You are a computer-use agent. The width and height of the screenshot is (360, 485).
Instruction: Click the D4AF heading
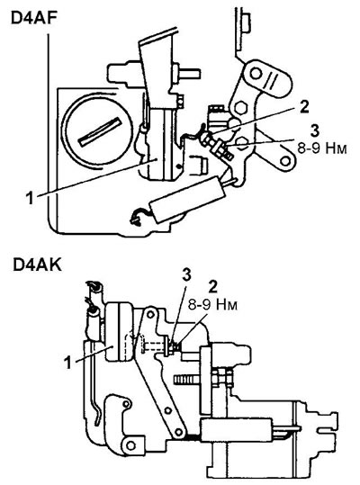point(34,18)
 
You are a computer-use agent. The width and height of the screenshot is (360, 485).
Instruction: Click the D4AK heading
point(37,265)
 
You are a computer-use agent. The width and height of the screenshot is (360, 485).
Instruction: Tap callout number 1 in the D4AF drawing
point(30,198)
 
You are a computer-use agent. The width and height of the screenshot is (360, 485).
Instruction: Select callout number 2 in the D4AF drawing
point(303,107)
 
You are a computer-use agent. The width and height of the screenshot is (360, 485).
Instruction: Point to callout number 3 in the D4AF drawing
point(314,130)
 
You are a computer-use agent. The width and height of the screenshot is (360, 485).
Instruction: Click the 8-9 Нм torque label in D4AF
point(322,148)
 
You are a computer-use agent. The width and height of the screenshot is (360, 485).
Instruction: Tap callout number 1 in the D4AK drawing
point(67,363)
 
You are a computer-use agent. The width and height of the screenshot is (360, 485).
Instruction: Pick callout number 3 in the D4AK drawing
point(186,275)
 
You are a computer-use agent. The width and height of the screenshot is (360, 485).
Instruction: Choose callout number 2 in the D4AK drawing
point(212,287)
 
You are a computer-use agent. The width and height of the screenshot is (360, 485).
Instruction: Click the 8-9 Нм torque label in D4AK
point(212,305)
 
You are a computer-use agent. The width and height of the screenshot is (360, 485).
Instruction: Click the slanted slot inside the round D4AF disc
point(100,130)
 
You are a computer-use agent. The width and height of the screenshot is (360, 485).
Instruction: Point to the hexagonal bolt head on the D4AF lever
point(240,107)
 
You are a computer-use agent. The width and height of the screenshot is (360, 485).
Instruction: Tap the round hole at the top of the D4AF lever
point(256,74)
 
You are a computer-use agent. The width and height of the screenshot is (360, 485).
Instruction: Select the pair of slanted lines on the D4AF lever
point(274,80)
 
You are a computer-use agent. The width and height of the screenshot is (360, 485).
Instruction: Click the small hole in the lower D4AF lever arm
point(286,161)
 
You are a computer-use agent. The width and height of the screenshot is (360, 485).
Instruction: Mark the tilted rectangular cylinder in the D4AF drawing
point(187,199)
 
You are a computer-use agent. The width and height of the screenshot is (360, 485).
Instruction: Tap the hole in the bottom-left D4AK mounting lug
point(130,445)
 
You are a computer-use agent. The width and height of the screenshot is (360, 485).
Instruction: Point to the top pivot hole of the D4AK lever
point(150,315)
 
